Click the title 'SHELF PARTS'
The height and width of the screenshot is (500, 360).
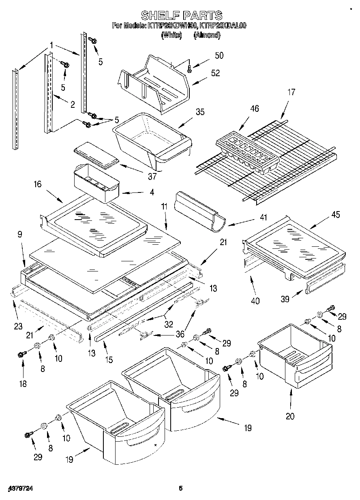point(181,15)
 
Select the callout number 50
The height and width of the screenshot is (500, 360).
point(219,56)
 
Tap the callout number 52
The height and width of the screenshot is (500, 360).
point(215,73)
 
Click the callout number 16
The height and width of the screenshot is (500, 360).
point(37,184)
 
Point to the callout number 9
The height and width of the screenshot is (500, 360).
point(19,234)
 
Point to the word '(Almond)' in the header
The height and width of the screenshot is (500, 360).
point(207,36)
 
